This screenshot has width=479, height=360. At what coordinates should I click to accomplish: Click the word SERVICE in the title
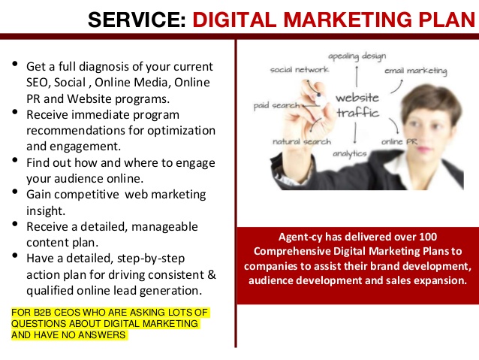coord(137,20)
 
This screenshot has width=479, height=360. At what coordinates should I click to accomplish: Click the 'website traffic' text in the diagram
coord(357,105)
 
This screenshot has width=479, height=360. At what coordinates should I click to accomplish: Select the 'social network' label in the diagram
coord(300,70)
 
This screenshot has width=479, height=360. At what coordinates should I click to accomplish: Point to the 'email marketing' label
coord(416,71)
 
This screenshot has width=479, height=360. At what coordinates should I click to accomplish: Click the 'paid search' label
coord(277,106)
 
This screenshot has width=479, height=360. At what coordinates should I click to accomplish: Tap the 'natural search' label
coord(302,141)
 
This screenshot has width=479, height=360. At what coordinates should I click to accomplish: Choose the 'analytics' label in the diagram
coord(350,153)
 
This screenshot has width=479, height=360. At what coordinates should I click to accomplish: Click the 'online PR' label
coord(399,141)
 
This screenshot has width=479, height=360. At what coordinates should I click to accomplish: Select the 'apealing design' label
coord(357,56)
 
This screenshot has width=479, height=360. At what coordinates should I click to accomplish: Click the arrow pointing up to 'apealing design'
coord(357,77)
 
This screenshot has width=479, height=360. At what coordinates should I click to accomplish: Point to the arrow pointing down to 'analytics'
coord(355,133)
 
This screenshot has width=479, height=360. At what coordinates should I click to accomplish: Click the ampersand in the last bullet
coord(212,274)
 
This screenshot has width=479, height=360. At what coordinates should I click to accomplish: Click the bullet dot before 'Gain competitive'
coord(15,192)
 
